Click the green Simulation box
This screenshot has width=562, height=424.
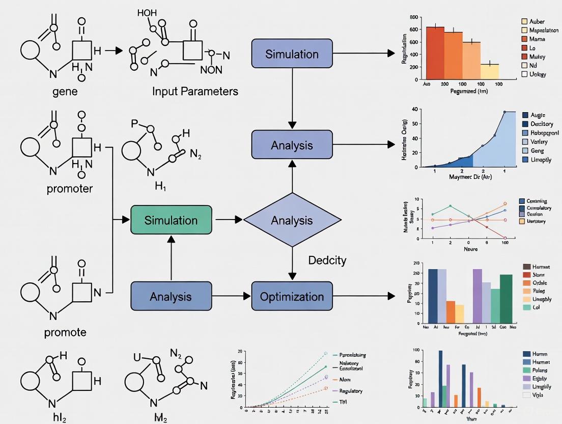(171, 220)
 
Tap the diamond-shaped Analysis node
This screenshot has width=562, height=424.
(292, 220)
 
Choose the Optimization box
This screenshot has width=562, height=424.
(292, 297)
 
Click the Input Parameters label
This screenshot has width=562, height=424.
(195, 92)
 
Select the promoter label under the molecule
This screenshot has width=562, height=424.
(70, 189)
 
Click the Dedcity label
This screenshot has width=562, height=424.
(327, 260)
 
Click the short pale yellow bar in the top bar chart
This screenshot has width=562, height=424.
(490, 71)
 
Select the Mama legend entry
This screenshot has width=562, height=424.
(537, 39)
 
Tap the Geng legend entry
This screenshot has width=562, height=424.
(537, 151)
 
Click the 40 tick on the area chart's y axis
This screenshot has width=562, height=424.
(415, 109)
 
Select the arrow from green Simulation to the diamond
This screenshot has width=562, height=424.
(229, 220)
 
